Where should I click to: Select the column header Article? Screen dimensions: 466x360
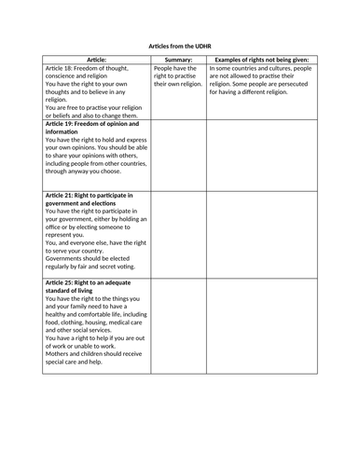point(96,59)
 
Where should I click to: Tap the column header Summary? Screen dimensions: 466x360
point(177,59)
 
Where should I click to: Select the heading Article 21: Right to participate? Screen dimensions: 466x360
point(90,194)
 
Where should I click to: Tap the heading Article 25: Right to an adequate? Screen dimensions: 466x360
point(91,281)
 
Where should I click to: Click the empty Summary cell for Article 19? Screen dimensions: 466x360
point(177,154)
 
